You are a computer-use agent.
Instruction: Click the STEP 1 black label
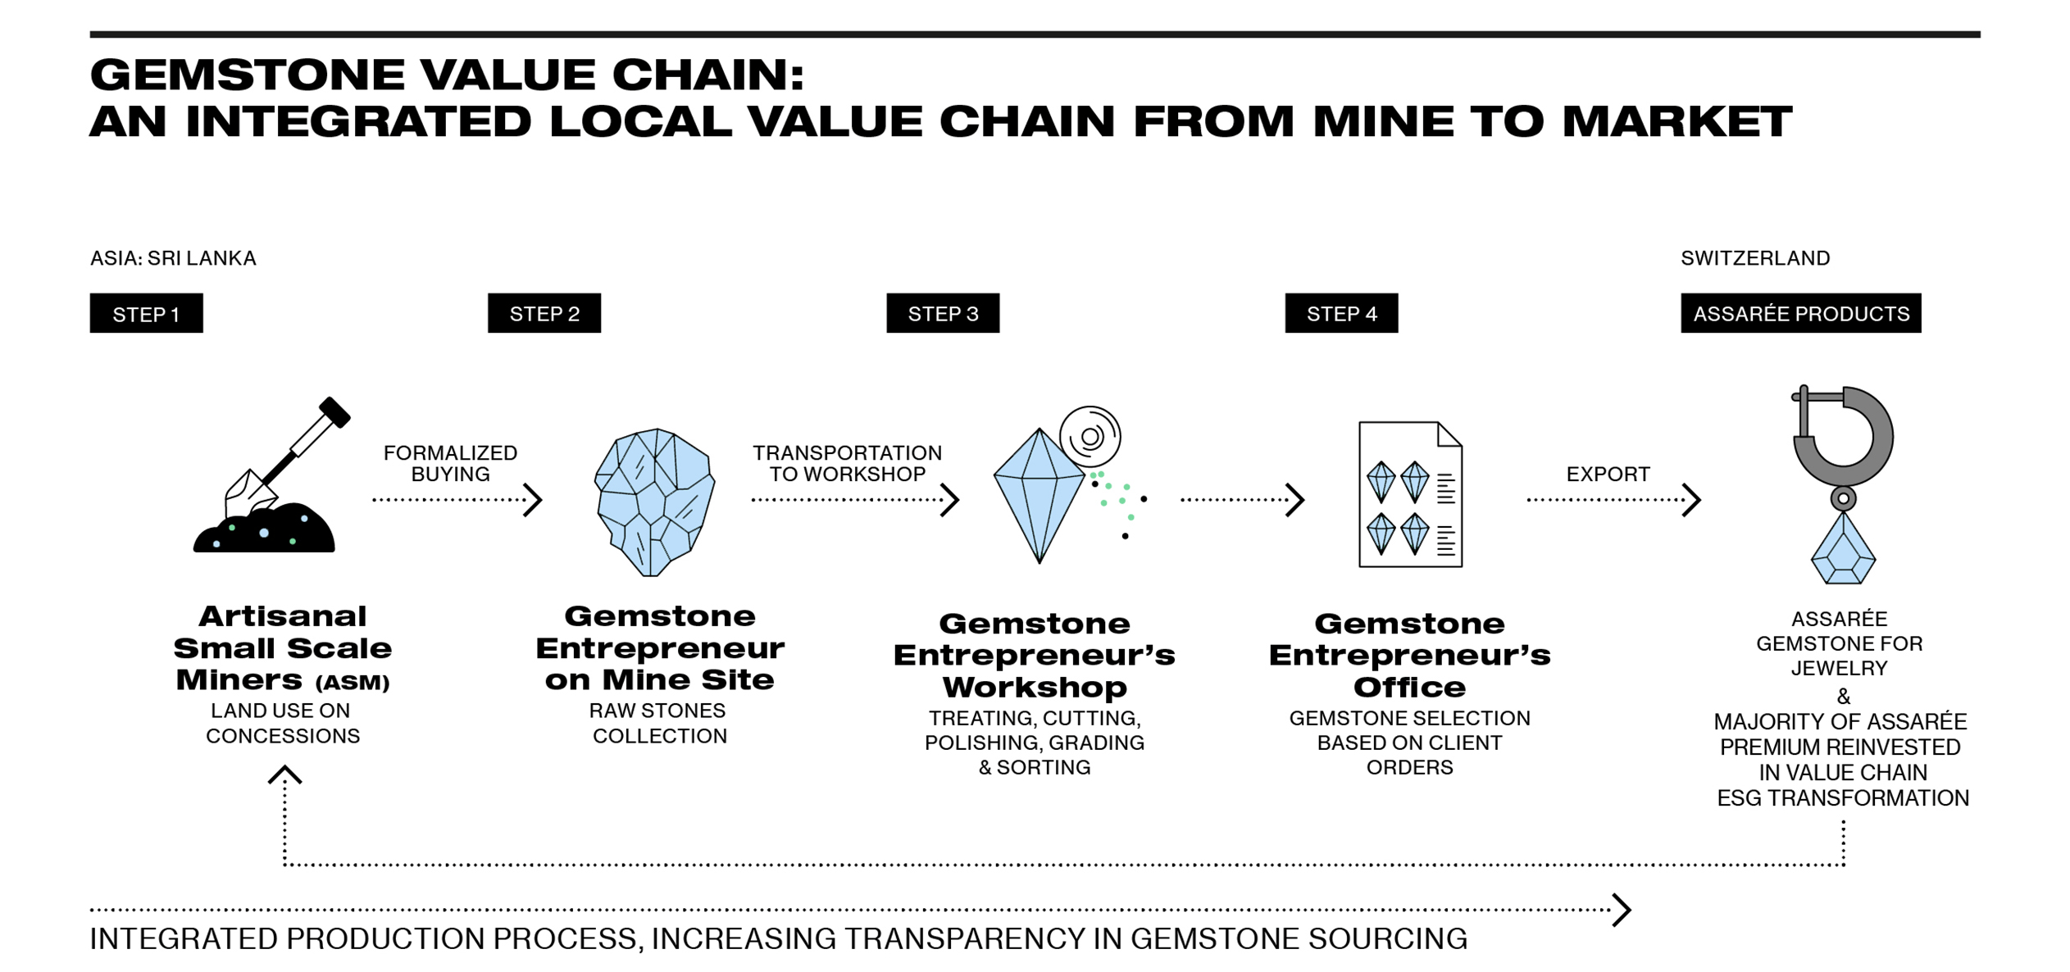[x=146, y=313]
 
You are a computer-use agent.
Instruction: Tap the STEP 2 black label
[x=544, y=313]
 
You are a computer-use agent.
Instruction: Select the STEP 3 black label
[x=943, y=313]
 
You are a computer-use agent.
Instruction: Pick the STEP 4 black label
[x=1341, y=313]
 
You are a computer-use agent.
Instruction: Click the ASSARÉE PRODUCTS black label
[x=1800, y=313]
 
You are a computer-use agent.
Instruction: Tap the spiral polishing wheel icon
[x=1090, y=436]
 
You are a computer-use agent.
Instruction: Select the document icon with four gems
[x=1410, y=495]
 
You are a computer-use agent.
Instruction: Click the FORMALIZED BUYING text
[x=450, y=464]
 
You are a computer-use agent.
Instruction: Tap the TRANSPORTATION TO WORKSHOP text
[x=847, y=464]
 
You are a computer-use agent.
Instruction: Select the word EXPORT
[x=1608, y=475]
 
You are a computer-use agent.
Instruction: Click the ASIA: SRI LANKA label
[x=173, y=258]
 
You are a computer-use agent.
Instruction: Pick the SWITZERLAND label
[x=1755, y=258]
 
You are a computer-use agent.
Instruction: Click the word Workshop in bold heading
[x=1035, y=687]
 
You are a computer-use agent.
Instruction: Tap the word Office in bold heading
[x=1409, y=687]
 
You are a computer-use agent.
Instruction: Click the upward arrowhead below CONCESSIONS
[x=284, y=775]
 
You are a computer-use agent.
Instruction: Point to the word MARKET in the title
[x=1676, y=121]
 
